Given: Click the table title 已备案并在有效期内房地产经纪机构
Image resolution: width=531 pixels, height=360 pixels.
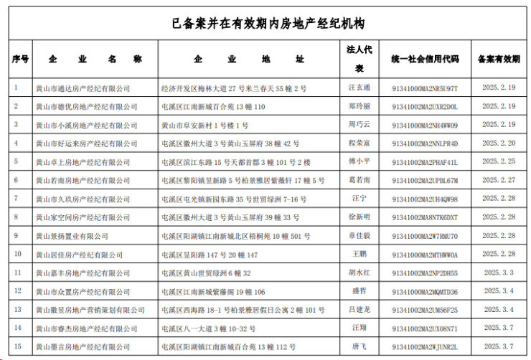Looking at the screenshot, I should click(x=268, y=24).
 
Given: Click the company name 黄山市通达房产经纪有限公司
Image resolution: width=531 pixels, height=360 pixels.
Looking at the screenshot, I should click(x=83, y=88).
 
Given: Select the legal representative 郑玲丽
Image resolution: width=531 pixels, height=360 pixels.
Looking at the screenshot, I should click(x=359, y=107).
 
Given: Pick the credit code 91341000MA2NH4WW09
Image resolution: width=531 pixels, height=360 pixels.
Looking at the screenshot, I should click(x=425, y=125).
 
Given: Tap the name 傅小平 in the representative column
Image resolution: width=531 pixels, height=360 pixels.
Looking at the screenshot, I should click(x=359, y=162).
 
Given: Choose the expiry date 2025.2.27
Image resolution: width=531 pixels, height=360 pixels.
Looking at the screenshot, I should click(x=499, y=181).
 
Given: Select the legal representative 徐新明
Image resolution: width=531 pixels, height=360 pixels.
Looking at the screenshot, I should click(x=359, y=217).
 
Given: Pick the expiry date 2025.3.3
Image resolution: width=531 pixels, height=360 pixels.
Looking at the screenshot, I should click(x=499, y=273).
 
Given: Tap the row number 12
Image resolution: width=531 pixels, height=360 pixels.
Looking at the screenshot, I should click(x=17, y=291).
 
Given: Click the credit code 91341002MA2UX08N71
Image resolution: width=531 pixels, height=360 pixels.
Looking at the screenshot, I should click(x=425, y=328).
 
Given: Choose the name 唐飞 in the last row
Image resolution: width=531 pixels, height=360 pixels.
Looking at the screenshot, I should click(x=359, y=346).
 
